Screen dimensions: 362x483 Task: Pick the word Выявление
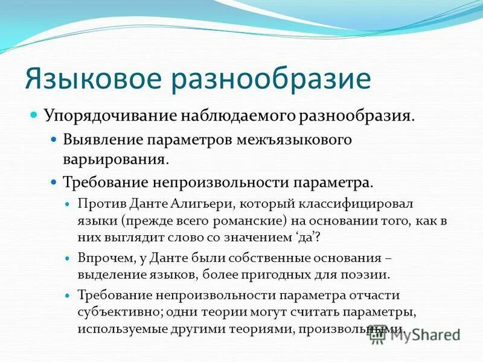tap(99, 141)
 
